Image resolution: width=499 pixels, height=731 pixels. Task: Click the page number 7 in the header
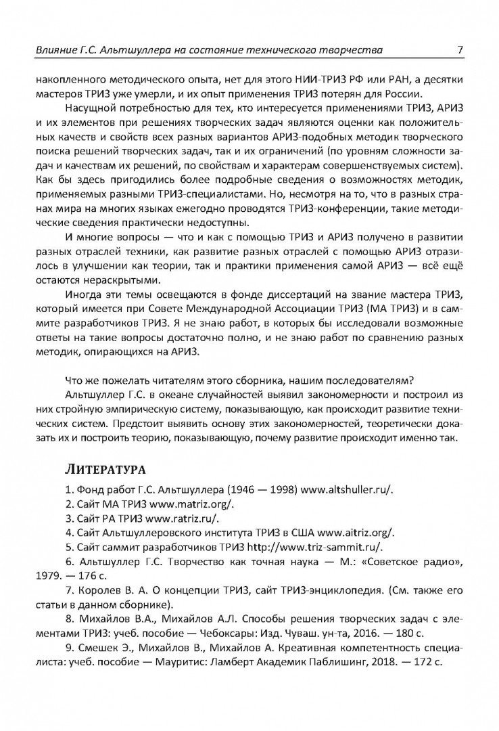click(460, 49)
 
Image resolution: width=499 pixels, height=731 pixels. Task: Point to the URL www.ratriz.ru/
click(183, 518)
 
